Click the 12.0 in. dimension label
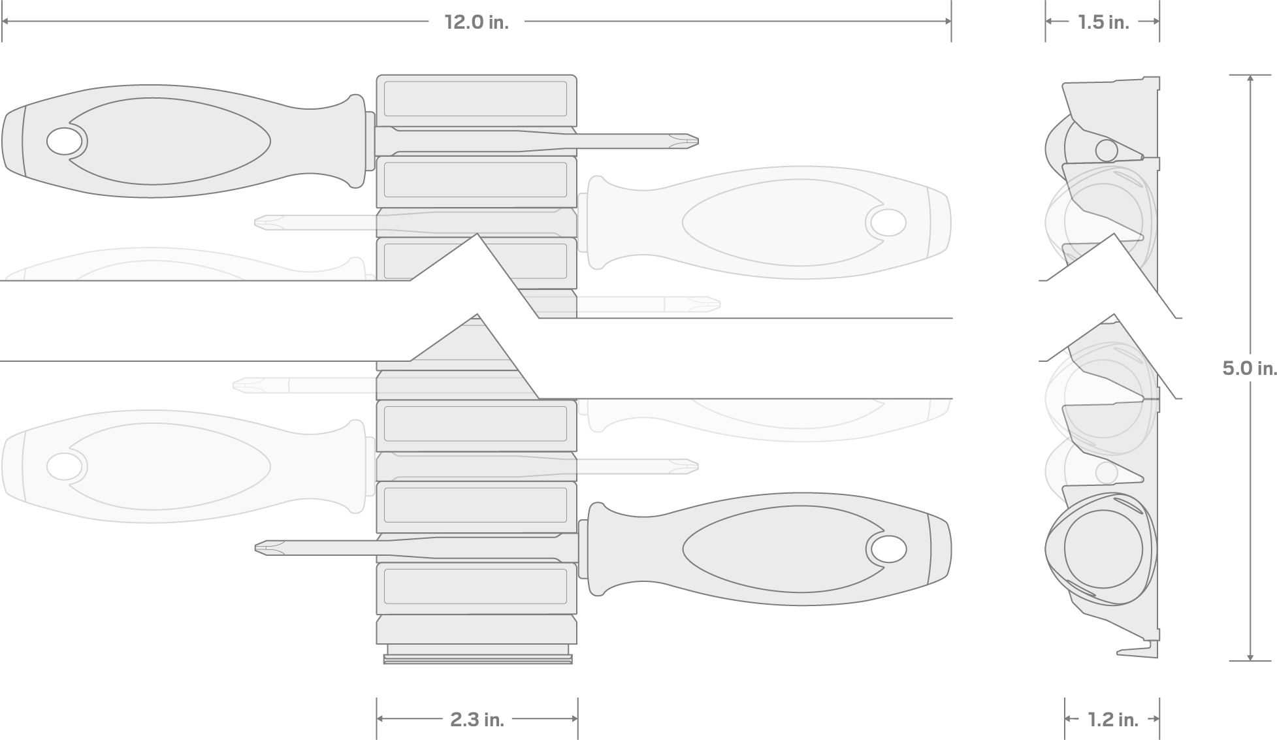[476, 22]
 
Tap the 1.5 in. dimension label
[1103, 22]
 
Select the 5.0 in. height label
[1249, 368]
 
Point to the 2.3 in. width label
[477, 719]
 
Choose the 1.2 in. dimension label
[1112, 720]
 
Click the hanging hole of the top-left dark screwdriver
[65, 141]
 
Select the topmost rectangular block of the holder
[476, 99]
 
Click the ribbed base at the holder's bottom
[477, 655]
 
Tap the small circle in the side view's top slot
[1107, 150]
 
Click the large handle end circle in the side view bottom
[1103, 549]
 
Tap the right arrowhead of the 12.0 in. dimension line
[947, 22]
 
